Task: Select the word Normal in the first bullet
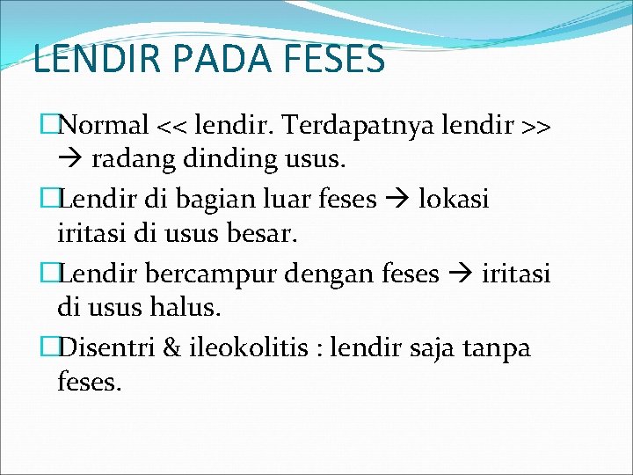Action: [105, 125]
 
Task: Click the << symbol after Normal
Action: [173, 126]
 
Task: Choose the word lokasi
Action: [454, 199]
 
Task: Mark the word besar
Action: [263, 235]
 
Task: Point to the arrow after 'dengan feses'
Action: [462, 274]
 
